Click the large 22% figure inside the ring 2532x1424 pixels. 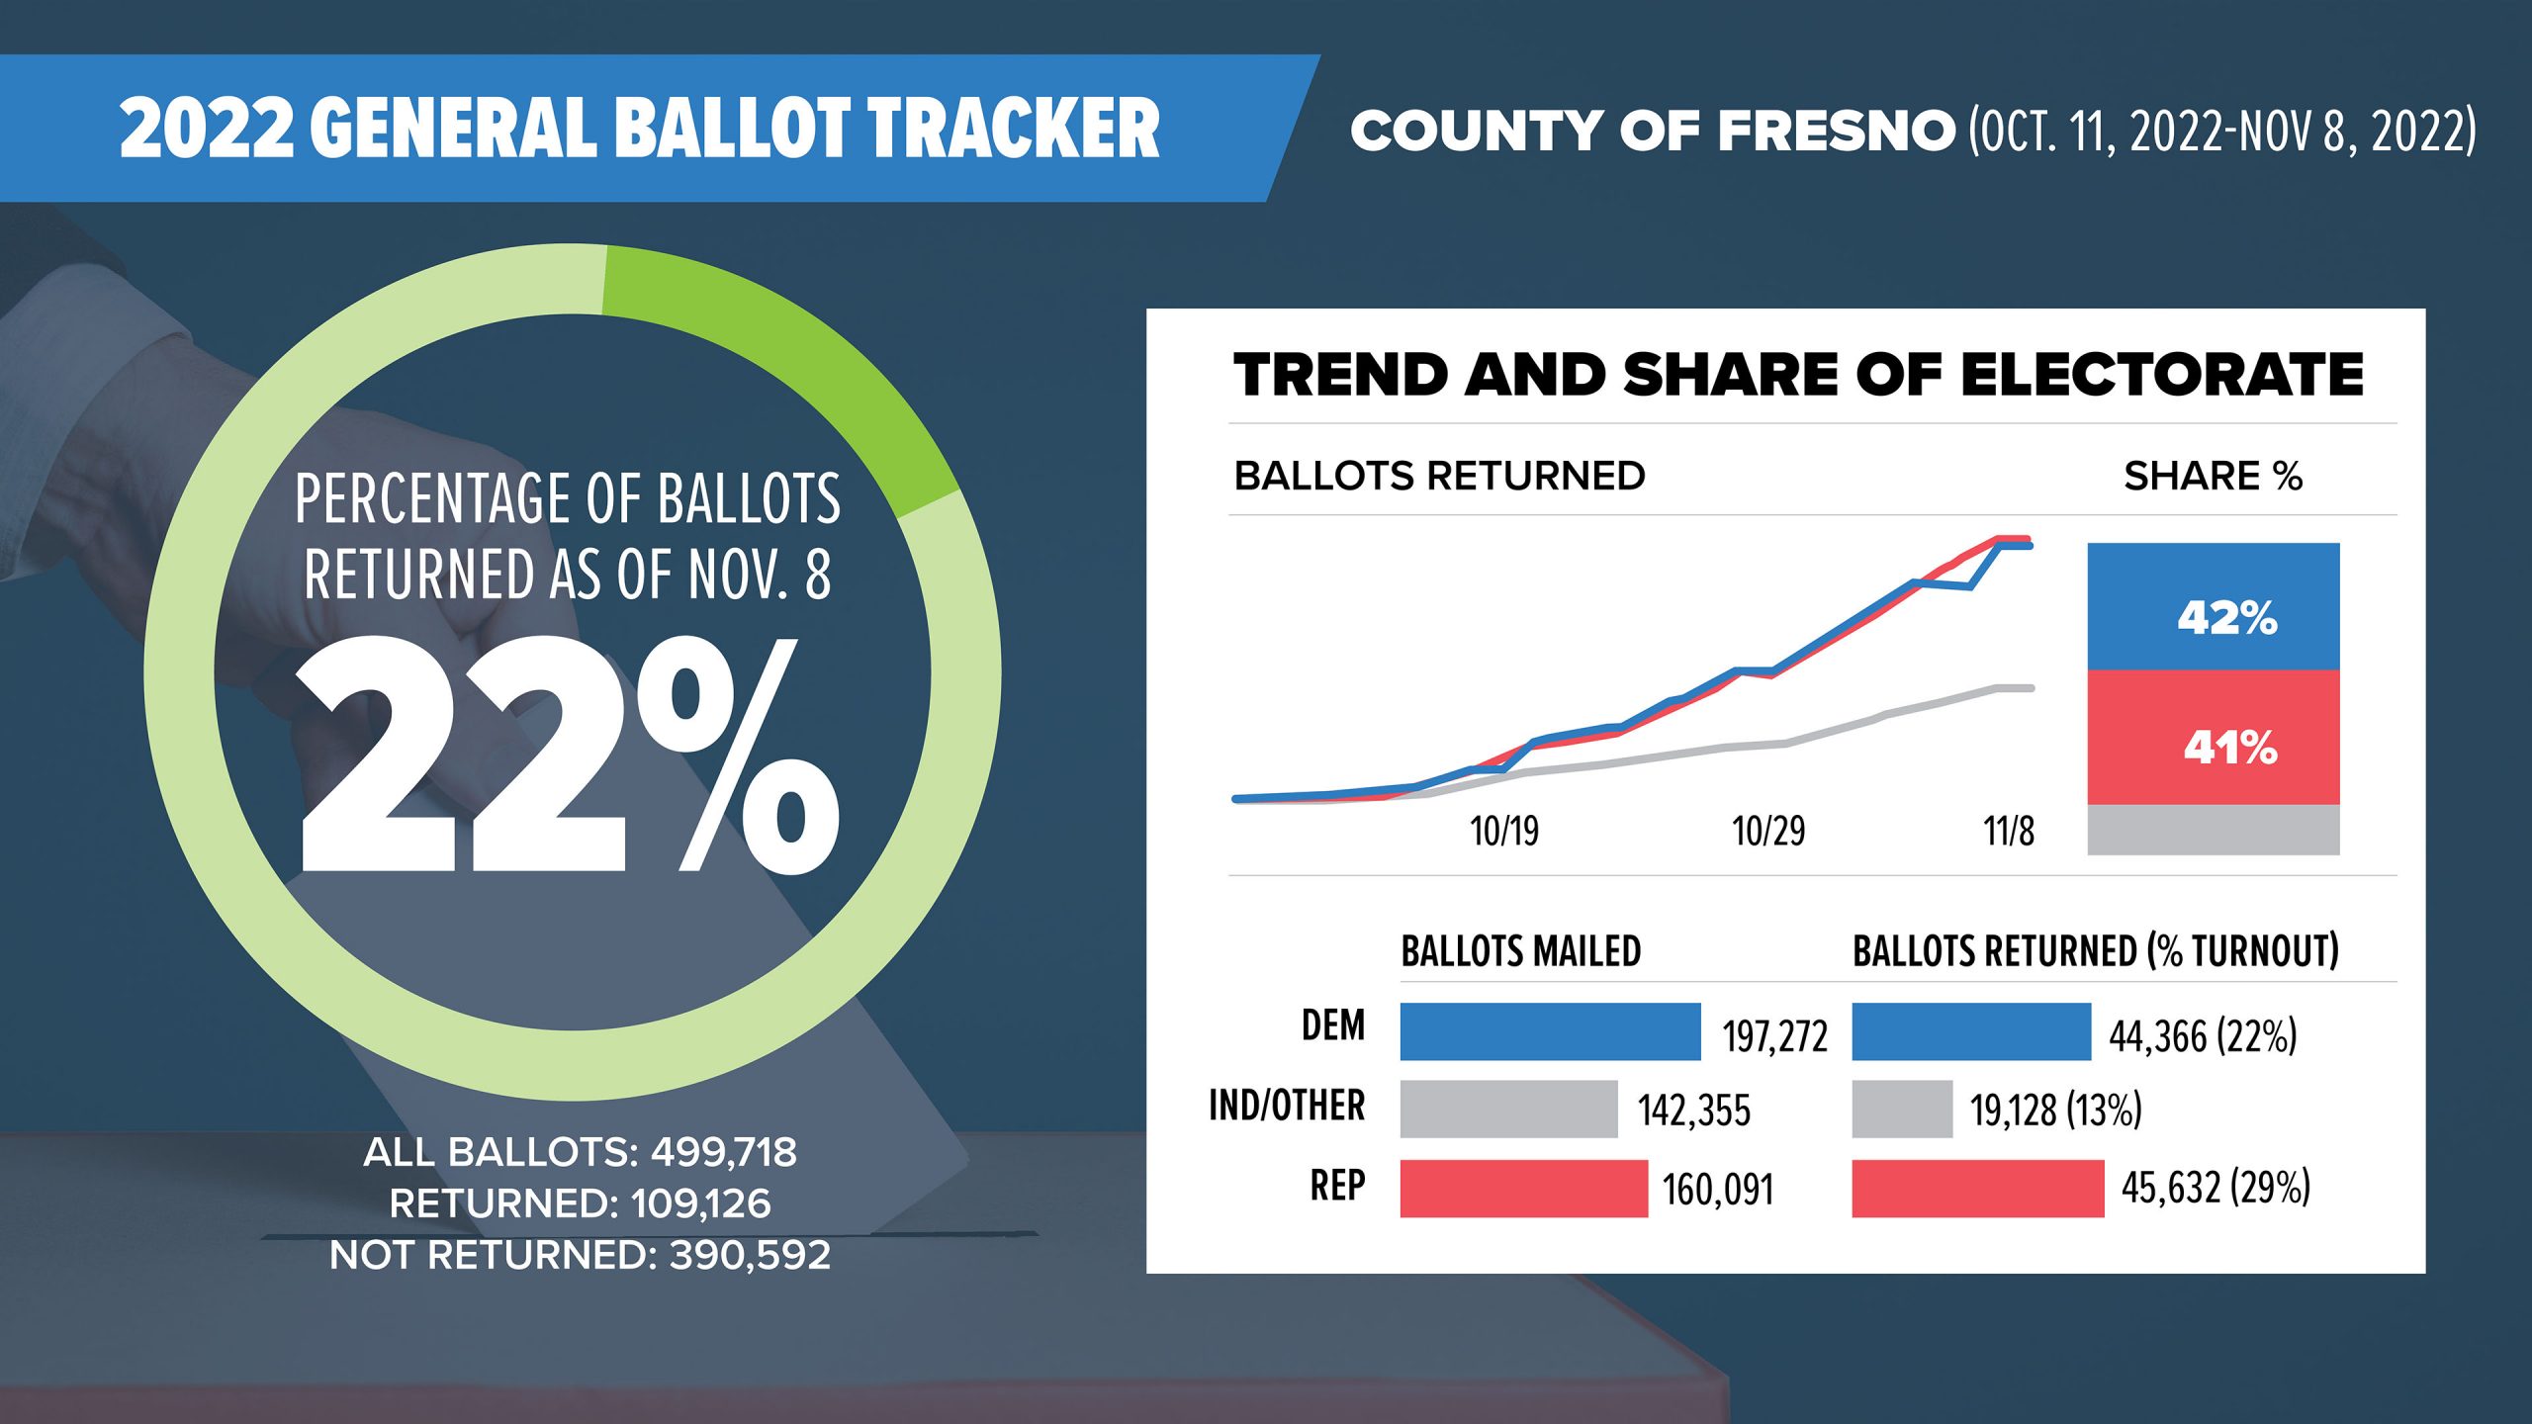tap(570, 755)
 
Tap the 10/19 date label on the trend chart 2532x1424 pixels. tap(1504, 832)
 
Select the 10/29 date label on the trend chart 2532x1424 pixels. tap(1768, 832)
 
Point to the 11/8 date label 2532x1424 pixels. tap(2009, 832)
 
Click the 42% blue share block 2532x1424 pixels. tap(2214, 606)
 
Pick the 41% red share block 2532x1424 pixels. tap(2214, 738)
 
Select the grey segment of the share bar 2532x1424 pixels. tap(2214, 830)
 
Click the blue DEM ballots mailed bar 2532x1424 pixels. tap(1550, 1031)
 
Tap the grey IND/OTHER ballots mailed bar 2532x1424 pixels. tap(1508, 1109)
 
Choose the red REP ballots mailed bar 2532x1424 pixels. tap(1524, 1188)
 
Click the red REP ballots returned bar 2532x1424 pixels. tap(1978, 1188)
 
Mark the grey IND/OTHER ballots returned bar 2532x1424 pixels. tap(1902, 1109)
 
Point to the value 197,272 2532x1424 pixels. tap(1775, 1036)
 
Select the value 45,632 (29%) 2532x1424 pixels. tap(2215, 1188)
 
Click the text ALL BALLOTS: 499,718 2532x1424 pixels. tap(580, 1152)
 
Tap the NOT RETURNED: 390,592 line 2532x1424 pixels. tap(580, 1255)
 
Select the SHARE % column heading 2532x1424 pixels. tap(2213, 477)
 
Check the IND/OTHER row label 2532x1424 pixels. tap(1287, 1106)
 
